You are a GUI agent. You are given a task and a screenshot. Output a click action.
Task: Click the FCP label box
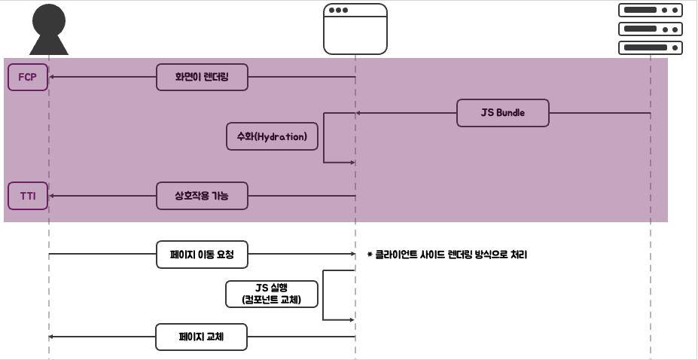click(28, 78)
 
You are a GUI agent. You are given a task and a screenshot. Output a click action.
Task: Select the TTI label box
click(28, 197)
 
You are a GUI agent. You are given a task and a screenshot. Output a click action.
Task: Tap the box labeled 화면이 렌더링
click(202, 78)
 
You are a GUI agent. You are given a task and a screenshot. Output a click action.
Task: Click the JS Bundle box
click(502, 113)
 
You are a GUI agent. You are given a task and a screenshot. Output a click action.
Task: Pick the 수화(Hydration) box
click(272, 137)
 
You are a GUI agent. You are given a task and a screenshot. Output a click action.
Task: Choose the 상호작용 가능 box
click(202, 197)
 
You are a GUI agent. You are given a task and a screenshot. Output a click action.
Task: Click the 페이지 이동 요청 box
click(202, 255)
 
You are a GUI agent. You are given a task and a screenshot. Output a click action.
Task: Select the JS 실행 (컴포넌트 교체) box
click(272, 294)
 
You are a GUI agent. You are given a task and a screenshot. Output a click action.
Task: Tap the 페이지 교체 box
click(202, 337)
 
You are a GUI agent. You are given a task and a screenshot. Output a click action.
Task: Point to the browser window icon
click(355, 29)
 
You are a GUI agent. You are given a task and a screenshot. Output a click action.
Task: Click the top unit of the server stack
click(650, 11)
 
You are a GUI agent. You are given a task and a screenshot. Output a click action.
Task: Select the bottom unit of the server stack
click(650, 48)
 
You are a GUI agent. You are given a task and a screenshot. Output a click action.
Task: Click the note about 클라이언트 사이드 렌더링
click(447, 255)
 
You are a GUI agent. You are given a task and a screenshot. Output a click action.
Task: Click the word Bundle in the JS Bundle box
click(511, 113)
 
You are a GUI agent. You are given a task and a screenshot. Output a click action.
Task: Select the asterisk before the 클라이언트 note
click(370, 255)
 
